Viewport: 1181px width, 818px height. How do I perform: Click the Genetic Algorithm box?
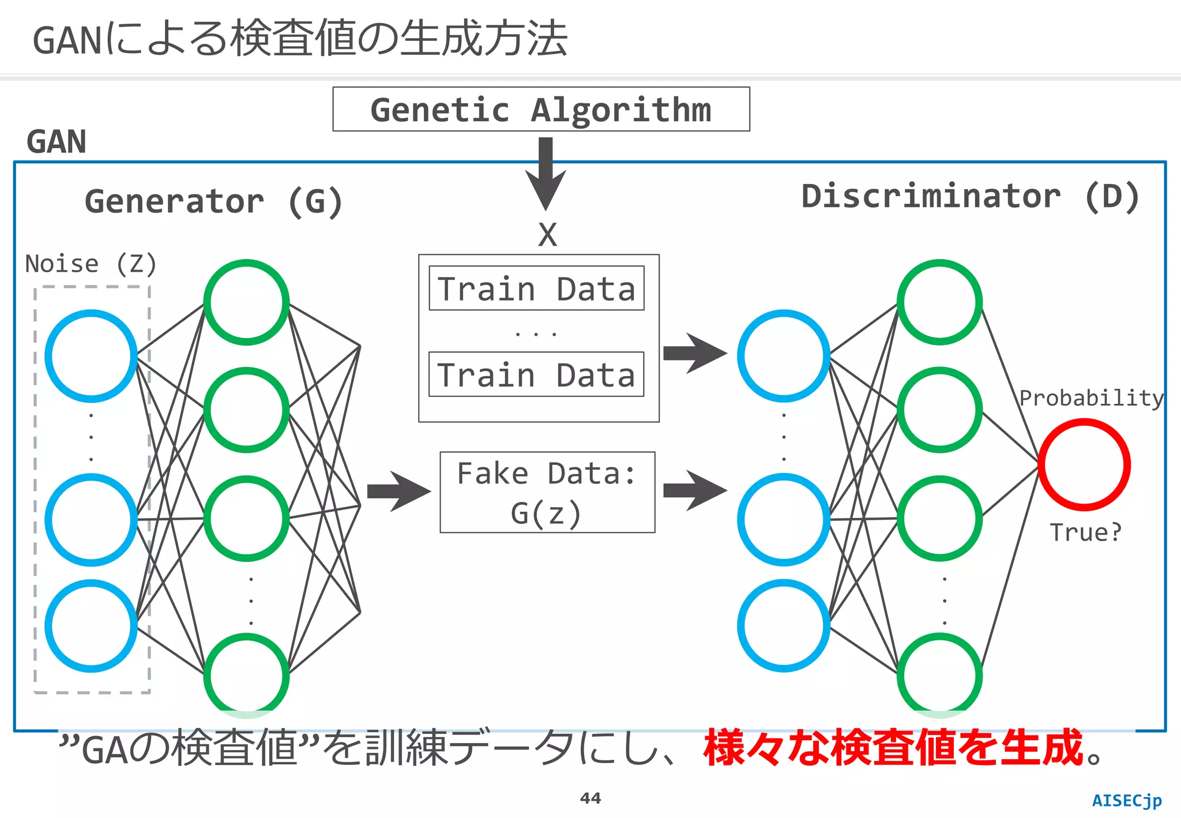541,110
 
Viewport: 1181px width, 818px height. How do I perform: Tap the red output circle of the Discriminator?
1084,464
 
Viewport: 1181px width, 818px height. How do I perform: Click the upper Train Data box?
536,288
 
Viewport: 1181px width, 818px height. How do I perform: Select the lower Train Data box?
536,374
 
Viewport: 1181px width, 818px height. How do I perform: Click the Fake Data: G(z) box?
547,492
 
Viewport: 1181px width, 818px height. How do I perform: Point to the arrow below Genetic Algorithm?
546,173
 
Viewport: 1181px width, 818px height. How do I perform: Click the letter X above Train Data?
547,235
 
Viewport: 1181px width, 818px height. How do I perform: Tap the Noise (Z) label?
91,264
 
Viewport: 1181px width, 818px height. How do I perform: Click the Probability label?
1091,398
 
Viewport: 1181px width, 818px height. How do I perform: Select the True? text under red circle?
1085,532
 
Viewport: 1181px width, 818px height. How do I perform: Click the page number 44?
590,798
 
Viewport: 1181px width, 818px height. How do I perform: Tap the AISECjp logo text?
1127,801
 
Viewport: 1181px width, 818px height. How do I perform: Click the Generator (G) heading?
214,202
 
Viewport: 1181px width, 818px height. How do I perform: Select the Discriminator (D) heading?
971,197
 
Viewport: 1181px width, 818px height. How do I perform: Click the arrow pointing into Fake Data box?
398,491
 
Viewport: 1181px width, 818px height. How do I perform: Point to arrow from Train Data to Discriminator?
694,353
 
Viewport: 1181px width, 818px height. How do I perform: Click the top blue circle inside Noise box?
91,356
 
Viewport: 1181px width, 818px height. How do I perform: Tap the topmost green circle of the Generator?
246,302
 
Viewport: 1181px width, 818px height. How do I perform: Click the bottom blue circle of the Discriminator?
783,626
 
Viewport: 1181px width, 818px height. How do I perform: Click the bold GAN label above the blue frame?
57,142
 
